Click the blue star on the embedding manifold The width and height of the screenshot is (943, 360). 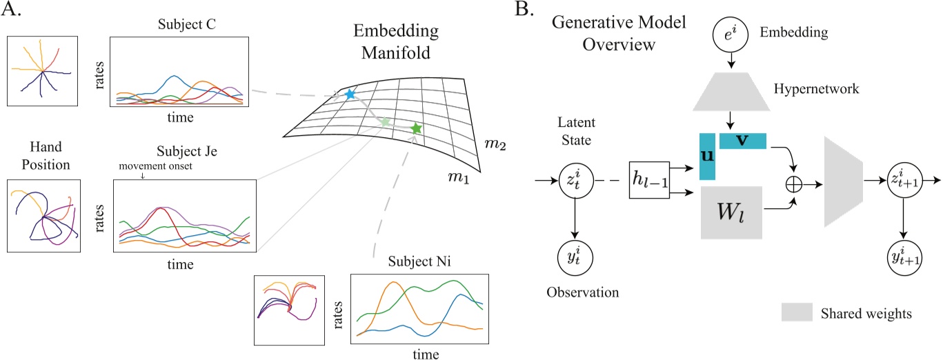pos(350,94)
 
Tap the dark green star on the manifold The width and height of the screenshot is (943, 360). pos(415,128)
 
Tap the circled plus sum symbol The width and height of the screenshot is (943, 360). pos(793,186)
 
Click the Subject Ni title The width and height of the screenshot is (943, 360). pos(420,264)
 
